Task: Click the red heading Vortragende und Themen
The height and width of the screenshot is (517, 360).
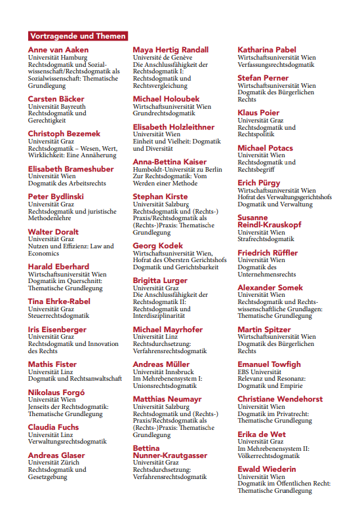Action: coord(77,36)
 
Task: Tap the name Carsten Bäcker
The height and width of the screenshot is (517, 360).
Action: coord(56,99)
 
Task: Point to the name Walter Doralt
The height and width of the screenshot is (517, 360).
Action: coord(53,232)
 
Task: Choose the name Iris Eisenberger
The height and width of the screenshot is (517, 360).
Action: coord(58,330)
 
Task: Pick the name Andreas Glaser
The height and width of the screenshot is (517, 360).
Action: coord(56,455)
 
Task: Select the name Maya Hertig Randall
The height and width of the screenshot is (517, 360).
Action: coord(170,50)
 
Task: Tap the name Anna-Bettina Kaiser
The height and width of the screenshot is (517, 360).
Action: coord(170,162)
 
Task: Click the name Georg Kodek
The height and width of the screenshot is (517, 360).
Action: coord(158,246)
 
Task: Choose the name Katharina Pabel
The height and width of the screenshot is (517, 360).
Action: coord(267,50)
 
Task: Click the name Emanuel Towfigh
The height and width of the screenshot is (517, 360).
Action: coord(269,364)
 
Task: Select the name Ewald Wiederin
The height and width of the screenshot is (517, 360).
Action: coord(266,469)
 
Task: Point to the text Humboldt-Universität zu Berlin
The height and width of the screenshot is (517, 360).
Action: coord(178,169)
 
